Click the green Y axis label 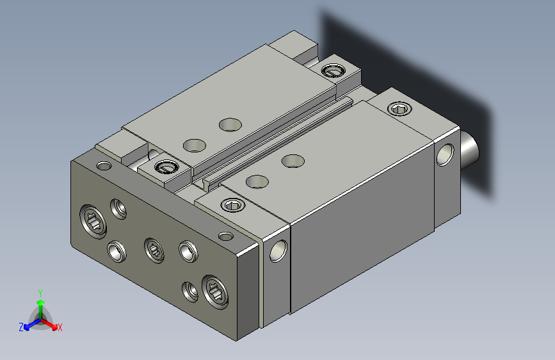(x=40, y=293)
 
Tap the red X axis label (x=60, y=328)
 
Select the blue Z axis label (x=21, y=327)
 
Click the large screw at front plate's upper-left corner (x=93, y=221)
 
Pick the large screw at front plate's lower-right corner (x=215, y=292)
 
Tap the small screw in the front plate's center (x=154, y=250)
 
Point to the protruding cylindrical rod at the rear (x=469, y=149)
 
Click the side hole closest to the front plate (x=278, y=251)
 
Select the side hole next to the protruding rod (x=446, y=154)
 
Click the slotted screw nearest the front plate (x=166, y=167)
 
